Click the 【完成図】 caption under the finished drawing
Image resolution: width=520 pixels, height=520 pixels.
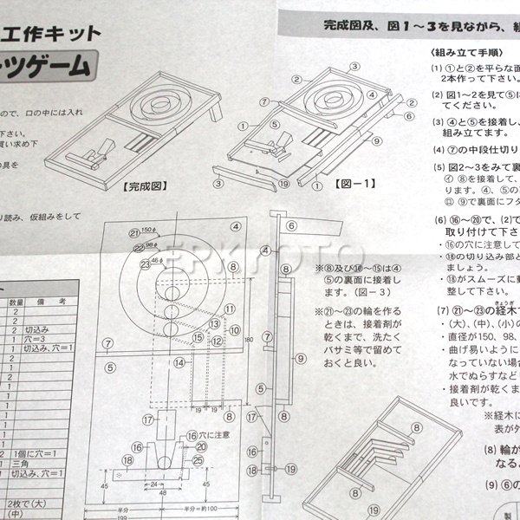pyautogui.click(x=145, y=185)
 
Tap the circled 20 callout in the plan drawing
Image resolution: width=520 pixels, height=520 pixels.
pyautogui.click(x=200, y=448)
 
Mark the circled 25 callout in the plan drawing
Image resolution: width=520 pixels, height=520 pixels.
pyautogui.click(x=199, y=461)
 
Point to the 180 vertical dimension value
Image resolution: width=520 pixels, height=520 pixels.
pyautogui.click(x=247, y=341)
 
